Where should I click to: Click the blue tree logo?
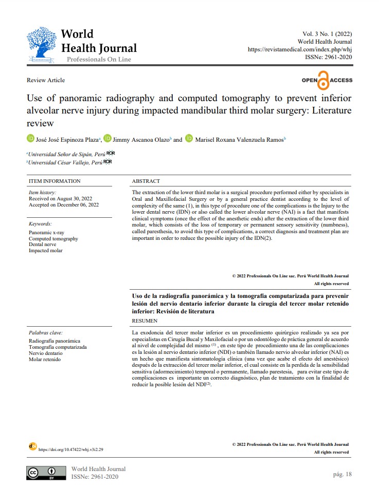click(41, 45)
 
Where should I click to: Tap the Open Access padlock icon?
click(323, 81)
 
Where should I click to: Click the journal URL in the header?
click(300, 49)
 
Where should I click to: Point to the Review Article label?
click(46, 80)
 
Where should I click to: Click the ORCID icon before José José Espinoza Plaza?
click(30, 139)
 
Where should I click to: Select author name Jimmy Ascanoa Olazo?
click(142, 139)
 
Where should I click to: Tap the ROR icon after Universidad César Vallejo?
click(107, 162)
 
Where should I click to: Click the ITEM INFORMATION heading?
click(55, 181)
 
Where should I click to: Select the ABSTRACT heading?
click(146, 181)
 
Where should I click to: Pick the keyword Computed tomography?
click(53, 239)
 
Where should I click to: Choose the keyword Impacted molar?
click(45, 251)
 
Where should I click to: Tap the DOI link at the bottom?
click(71, 449)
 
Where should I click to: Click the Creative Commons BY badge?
click(46, 473)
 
